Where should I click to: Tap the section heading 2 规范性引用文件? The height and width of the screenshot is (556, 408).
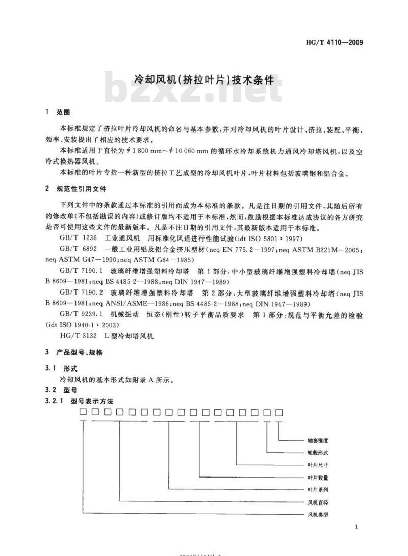point(75,189)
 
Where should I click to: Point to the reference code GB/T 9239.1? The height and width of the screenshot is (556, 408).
point(79,315)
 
